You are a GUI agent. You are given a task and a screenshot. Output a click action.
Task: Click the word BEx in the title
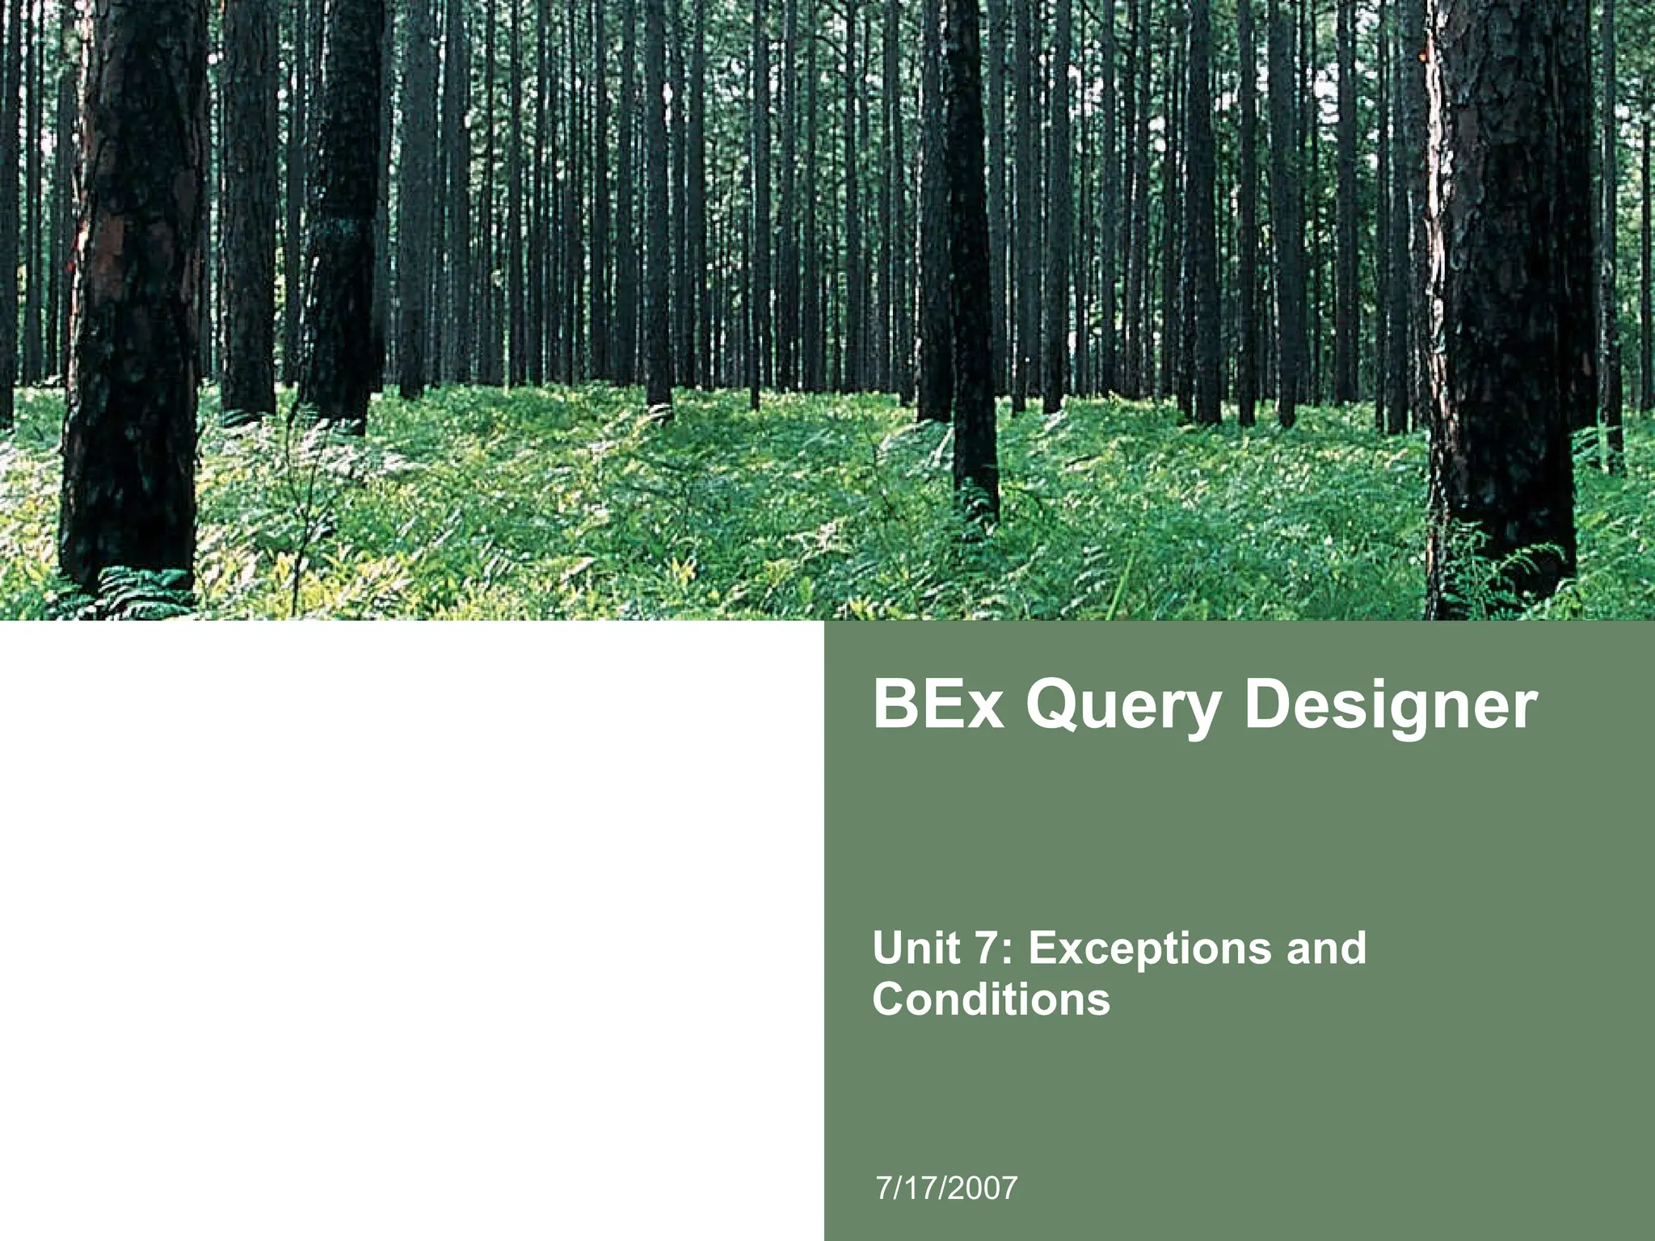pyautogui.click(x=938, y=705)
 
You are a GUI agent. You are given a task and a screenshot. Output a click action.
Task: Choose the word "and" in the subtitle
pyautogui.click(x=1326, y=948)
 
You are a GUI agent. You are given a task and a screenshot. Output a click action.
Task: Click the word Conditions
pyautogui.click(x=991, y=999)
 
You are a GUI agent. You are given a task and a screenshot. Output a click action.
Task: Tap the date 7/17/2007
pyautogui.click(x=946, y=1188)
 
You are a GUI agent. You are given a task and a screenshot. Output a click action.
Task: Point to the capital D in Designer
pyautogui.click(x=1272, y=705)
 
